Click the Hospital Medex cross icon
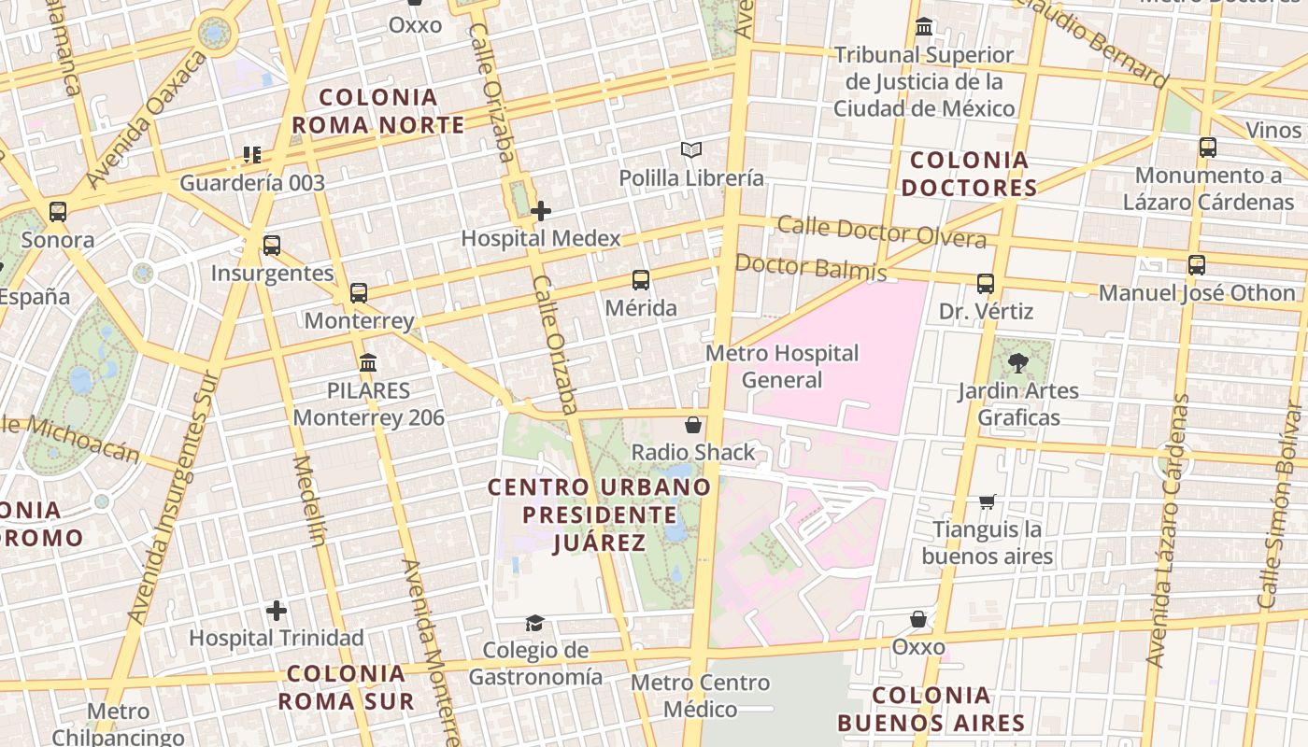click(541, 211)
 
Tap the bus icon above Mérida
click(641, 279)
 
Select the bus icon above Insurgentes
click(272, 246)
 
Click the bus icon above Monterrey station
click(359, 292)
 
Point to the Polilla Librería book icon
click(691, 149)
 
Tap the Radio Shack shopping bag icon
click(693, 425)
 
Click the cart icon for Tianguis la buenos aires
click(988, 501)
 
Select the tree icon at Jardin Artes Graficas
click(1018, 362)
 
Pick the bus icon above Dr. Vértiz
click(986, 283)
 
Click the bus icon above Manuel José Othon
click(1197, 264)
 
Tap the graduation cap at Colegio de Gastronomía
click(534, 622)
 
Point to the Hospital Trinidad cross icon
click(277, 611)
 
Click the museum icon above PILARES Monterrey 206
click(368, 362)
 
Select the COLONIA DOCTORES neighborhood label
click(969, 174)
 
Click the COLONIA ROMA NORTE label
click(378, 111)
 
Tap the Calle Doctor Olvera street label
click(881, 232)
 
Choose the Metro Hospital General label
click(782, 366)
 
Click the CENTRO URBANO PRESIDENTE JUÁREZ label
click(599, 514)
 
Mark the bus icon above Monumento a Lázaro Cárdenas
click(1208, 147)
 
